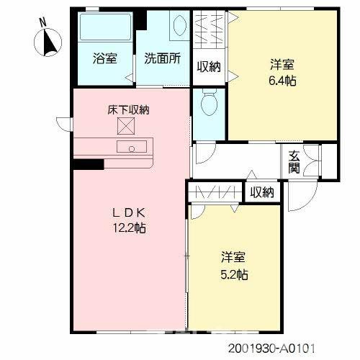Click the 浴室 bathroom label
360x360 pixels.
(105, 58)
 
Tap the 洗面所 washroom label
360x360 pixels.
(163, 58)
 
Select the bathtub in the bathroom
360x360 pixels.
(106, 27)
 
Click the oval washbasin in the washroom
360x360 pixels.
(179, 25)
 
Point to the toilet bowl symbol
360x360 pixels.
(209, 102)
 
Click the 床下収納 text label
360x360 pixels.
(128, 110)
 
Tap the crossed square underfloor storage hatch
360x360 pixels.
(126, 126)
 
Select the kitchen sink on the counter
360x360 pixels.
(132, 147)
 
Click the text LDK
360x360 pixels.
(129, 213)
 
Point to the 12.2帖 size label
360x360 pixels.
(130, 228)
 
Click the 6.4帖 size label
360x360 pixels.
(282, 81)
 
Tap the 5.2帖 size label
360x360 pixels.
(234, 274)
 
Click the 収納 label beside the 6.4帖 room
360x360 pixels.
(209, 67)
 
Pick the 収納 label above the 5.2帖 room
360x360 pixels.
(262, 192)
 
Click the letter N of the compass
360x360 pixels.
(43, 23)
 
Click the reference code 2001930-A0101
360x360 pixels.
(271, 348)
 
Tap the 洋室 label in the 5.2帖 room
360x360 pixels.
(233, 257)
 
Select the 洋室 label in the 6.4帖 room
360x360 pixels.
(282, 65)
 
